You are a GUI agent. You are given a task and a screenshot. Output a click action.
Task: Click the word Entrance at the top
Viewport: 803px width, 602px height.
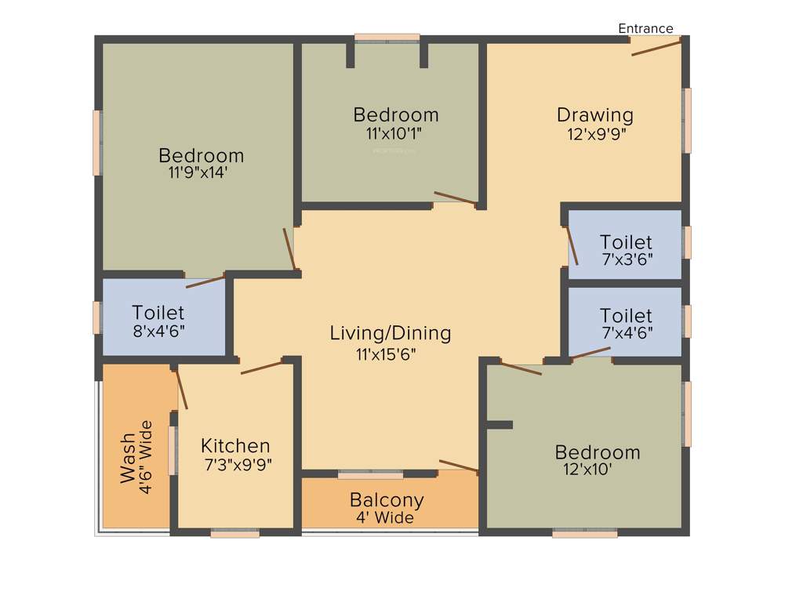click(x=645, y=28)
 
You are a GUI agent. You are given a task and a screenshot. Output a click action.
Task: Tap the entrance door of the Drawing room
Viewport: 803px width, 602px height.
click(x=656, y=48)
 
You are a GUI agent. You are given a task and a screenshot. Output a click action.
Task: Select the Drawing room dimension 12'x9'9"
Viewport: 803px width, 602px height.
click(x=597, y=133)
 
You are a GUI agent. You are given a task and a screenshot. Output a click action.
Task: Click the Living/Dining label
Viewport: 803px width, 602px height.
click(x=391, y=333)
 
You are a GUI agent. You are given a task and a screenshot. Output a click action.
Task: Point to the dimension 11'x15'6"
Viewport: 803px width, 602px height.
click(x=386, y=354)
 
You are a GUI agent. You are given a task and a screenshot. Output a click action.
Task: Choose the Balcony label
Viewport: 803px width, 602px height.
click(x=387, y=499)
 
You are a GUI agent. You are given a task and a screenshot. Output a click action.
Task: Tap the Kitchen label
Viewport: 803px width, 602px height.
click(x=235, y=446)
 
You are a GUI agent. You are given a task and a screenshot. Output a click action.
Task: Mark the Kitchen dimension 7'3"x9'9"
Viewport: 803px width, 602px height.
click(x=238, y=465)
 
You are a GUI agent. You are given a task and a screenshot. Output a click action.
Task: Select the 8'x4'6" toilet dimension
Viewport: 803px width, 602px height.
click(x=159, y=330)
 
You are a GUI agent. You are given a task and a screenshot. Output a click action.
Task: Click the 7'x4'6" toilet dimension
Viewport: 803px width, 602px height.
click(x=627, y=331)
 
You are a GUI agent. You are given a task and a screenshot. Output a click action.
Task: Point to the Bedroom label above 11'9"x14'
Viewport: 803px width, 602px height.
click(x=201, y=154)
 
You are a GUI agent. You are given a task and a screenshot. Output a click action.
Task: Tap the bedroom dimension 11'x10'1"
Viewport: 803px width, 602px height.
click(x=394, y=133)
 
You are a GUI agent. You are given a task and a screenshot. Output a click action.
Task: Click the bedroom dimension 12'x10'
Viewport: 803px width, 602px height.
click(x=587, y=470)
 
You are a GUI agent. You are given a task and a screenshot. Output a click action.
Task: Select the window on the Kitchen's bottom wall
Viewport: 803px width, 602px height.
click(x=235, y=534)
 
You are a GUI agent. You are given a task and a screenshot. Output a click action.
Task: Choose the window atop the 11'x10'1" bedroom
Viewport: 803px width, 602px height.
click(x=387, y=37)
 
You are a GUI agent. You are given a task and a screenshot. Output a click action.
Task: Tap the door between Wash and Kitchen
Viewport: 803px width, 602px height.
click(x=182, y=388)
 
